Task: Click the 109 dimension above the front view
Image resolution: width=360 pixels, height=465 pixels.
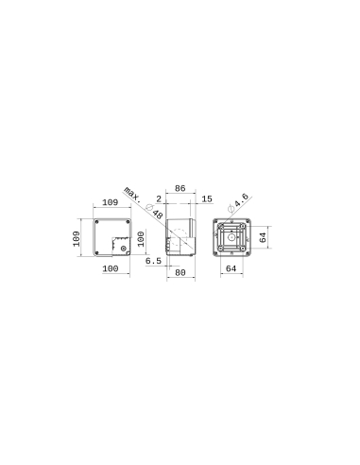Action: (110, 203)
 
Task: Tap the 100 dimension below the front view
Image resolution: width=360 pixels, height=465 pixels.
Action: (110, 270)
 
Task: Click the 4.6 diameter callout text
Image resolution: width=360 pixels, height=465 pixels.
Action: (241, 201)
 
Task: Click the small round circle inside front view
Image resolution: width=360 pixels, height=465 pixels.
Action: (119, 249)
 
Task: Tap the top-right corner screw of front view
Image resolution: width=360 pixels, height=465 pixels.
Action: (128, 223)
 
